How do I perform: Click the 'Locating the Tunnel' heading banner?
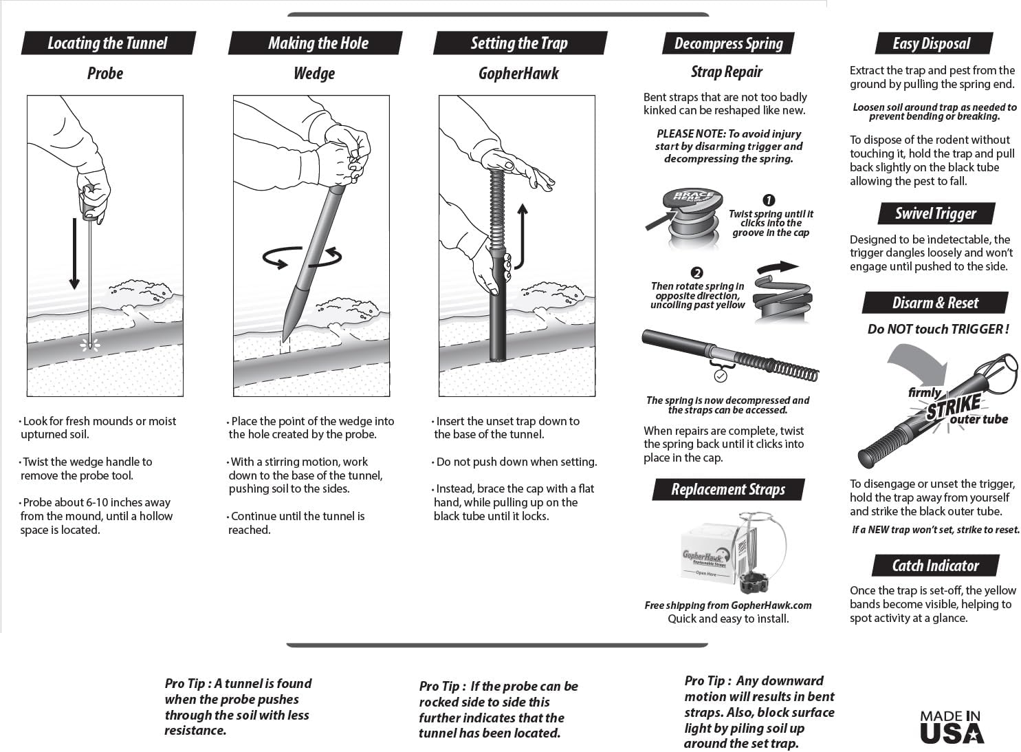[x=108, y=43]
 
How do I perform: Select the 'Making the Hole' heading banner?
[x=318, y=43]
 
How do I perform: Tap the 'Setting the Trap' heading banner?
[x=519, y=43]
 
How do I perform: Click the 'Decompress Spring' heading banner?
[x=728, y=43]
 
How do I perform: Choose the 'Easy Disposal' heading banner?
[x=932, y=43]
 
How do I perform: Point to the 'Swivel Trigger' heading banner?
[x=935, y=213]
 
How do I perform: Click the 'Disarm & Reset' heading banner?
[x=935, y=303]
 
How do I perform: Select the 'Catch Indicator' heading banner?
[x=935, y=566]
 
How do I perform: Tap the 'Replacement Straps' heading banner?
[x=728, y=490]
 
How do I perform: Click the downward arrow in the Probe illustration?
[x=74, y=255]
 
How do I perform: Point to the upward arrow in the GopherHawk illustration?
[x=522, y=234]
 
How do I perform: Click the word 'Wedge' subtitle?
[x=314, y=74]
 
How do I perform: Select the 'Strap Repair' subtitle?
[x=727, y=72]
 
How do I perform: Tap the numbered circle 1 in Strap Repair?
[x=769, y=201]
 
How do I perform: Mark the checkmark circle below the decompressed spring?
[x=720, y=376]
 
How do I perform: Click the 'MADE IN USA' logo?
[x=952, y=727]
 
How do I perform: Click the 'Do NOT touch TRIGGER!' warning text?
[x=938, y=329]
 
